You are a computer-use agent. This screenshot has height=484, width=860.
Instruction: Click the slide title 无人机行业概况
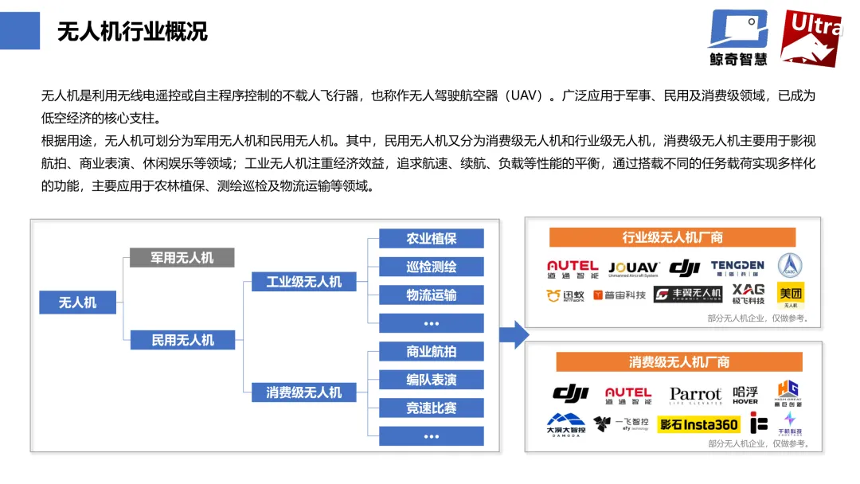point(132,32)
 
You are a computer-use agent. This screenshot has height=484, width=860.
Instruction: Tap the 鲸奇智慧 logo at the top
point(738,37)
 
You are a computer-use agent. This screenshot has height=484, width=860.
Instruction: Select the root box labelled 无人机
point(78,302)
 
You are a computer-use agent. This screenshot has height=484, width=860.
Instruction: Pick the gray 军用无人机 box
point(182,257)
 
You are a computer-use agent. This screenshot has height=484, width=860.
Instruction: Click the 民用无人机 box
point(182,340)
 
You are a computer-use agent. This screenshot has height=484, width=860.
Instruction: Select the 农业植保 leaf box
point(431,239)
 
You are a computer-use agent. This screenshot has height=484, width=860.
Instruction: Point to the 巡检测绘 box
point(431,267)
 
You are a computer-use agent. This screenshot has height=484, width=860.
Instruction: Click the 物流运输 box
point(431,295)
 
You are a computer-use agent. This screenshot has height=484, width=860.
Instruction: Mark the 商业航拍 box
point(431,352)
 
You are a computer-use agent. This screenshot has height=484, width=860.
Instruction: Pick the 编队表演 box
point(431,380)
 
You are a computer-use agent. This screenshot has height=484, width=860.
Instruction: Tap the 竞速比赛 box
point(431,408)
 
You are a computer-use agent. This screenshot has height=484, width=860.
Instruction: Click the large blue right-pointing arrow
point(515,335)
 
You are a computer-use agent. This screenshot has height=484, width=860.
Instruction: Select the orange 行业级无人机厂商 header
point(672,237)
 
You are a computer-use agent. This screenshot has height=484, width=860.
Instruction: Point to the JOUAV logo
point(633,269)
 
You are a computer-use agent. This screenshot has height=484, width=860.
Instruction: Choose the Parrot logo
point(695,395)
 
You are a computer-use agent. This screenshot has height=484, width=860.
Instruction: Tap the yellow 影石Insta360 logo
point(698,425)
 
